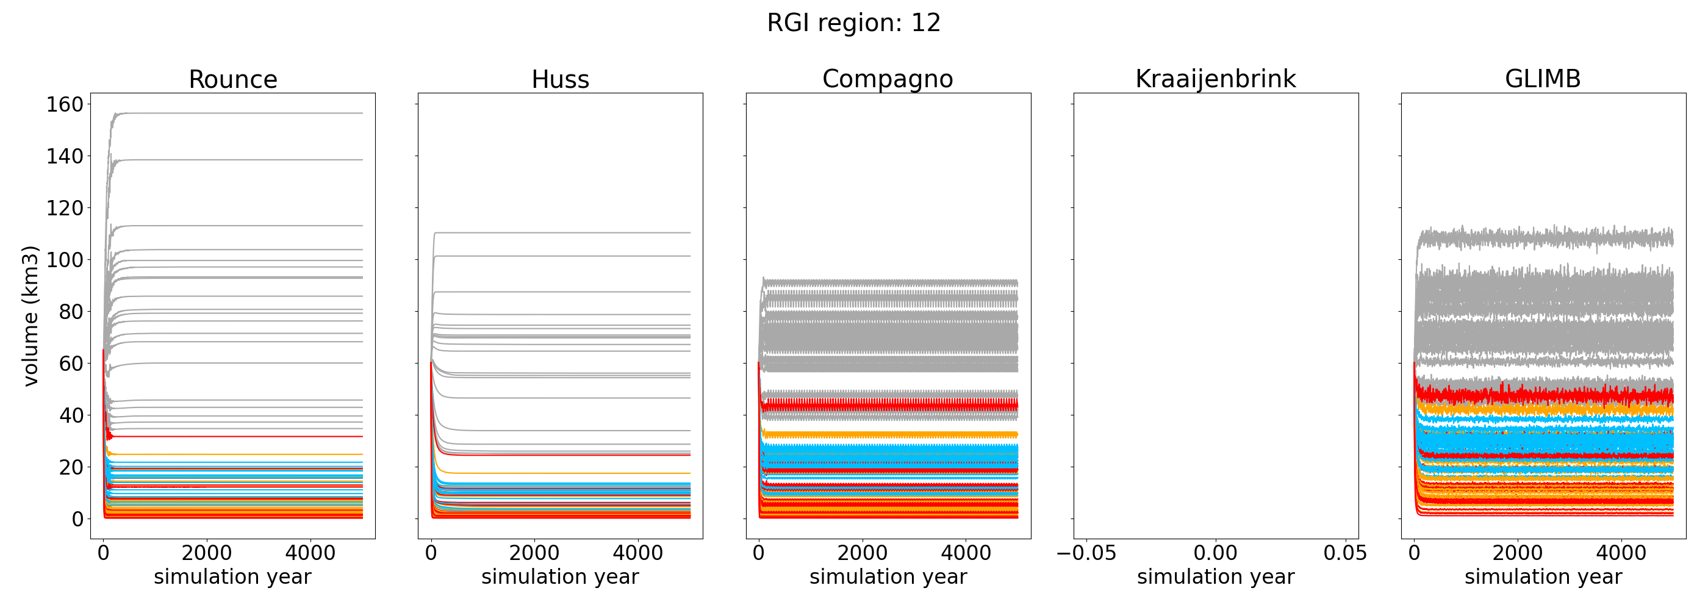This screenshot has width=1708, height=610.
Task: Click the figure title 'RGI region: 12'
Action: point(853,23)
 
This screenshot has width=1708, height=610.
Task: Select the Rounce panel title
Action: point(233,79)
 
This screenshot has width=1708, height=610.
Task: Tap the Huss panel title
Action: point(560,79)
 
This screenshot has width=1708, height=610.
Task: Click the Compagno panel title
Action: point(888,79)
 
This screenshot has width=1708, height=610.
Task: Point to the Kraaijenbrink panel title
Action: point(1215,79)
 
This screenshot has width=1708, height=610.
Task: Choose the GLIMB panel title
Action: point(1543,79)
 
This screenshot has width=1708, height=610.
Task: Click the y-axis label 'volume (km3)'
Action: point(30,315)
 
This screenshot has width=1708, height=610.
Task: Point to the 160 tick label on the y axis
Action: point(64,105)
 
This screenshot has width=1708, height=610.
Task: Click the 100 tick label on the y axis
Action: point(64,260)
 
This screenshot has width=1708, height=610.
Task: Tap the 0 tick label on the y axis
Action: point(77,519)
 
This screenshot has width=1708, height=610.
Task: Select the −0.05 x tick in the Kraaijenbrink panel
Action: point(1086,553)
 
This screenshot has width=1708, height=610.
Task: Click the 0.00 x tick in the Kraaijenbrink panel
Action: point(1215,553)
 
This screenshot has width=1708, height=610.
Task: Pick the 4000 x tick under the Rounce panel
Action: point(310,553)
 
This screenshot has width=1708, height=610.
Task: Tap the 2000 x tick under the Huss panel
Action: point(534,553)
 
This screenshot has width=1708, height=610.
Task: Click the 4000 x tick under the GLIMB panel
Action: point(1621,553)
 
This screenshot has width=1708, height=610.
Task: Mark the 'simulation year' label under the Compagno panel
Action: point(888,577)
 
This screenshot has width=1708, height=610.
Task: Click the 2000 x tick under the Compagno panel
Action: point(862,553)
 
